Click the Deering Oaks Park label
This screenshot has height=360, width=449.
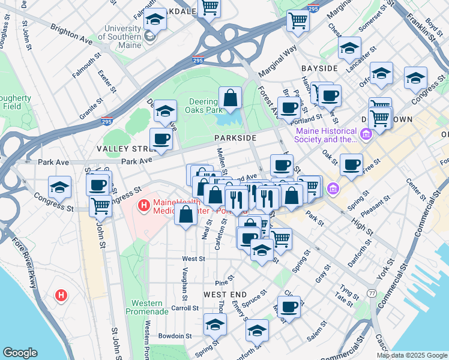tap(206, 106)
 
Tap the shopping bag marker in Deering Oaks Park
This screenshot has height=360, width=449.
tap(230, 98)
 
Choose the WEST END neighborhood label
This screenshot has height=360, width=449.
tap(224, 295)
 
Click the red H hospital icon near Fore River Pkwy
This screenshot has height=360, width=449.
tap(61, 295)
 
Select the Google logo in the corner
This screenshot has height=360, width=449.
tap(20, 353)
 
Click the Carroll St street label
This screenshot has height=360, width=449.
tap(185, 308)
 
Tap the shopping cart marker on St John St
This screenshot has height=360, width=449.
tap(100, 206)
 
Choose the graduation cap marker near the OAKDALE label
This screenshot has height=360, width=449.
tap(155, 21)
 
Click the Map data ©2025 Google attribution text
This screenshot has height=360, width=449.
tap(412, 355)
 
